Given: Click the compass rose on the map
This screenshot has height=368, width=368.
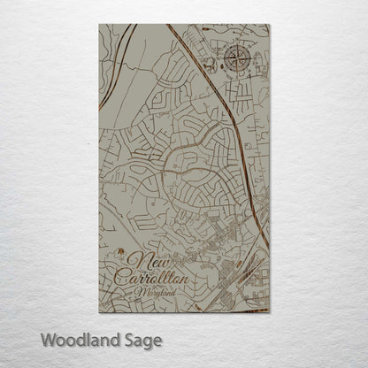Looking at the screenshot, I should point(236,59).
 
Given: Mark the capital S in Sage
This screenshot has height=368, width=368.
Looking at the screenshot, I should point(126,340).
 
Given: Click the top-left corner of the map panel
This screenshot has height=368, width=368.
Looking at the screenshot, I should point(99,25).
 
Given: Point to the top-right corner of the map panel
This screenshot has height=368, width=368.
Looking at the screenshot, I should point(270,25).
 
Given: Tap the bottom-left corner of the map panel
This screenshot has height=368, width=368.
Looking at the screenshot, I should point(99,312).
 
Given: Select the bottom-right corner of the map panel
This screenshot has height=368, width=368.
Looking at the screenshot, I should point(270,312).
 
